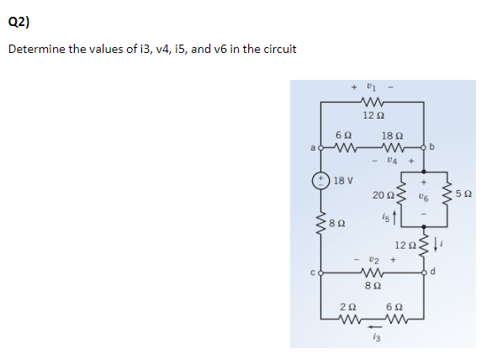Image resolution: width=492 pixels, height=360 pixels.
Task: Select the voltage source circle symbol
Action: [321, 180]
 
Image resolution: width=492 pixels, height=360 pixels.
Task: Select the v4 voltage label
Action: [389, 157]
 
